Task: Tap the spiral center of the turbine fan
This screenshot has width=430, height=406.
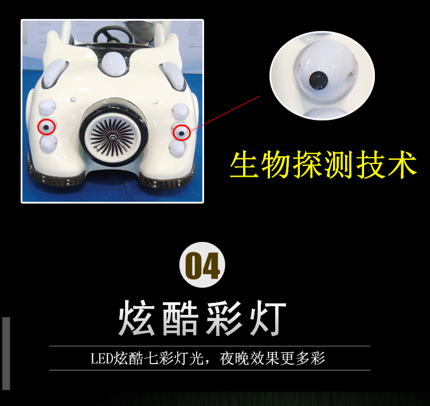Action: click(112, 137)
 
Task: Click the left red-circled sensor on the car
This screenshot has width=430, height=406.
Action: click(46, 127)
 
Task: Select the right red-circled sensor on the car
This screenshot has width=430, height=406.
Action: click(182, 133)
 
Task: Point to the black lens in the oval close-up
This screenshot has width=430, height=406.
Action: click(319, 80)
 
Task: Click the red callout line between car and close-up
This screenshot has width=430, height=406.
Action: click(225, 114)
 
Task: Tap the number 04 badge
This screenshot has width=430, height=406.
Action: click(202, 265)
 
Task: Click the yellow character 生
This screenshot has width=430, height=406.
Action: click(244, 165)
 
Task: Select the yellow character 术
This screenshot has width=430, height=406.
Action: click(402, 165)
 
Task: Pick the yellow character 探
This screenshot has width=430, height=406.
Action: click(307, 165)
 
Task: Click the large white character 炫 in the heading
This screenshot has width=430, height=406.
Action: click(136, 318)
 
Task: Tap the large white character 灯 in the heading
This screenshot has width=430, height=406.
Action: click(268, 318)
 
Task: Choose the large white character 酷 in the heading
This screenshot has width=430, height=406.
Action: click(181, 318)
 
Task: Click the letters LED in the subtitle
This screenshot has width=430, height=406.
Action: click(101, 358)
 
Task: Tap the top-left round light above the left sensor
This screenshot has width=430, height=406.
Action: click(47, 108)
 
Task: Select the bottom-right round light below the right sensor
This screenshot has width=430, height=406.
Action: click(177, 148)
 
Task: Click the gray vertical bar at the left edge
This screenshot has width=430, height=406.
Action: click(6, 353)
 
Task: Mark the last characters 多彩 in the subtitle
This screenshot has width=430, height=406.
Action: click(310, 358)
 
